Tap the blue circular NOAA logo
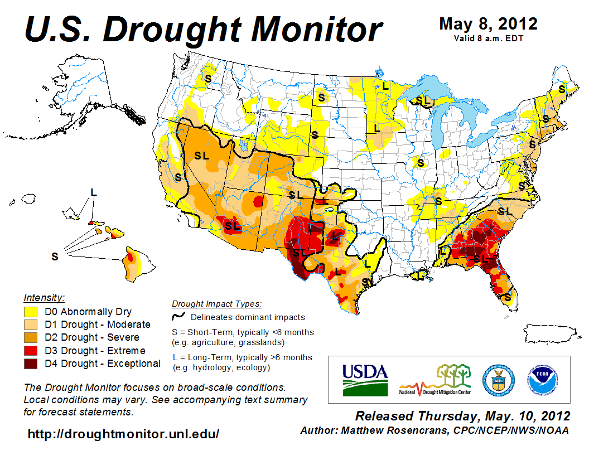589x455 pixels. point(542,380)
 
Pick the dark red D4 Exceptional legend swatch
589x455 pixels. point(31,364)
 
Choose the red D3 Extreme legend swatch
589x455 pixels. point(31,351)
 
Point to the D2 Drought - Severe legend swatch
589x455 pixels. point(31,338)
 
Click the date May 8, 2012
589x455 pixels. point(488,23)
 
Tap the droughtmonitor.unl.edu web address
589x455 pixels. point(123,433)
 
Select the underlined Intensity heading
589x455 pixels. point(44,297)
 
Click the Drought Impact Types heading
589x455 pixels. point(216,304)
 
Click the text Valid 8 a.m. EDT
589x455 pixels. point(488,38)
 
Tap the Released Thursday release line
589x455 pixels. point(462,416)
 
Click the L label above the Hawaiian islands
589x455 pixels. point(94,192)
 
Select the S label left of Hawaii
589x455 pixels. point(55,256)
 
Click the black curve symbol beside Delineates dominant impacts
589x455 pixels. point(178,317)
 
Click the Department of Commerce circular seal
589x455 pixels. point(498,380)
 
